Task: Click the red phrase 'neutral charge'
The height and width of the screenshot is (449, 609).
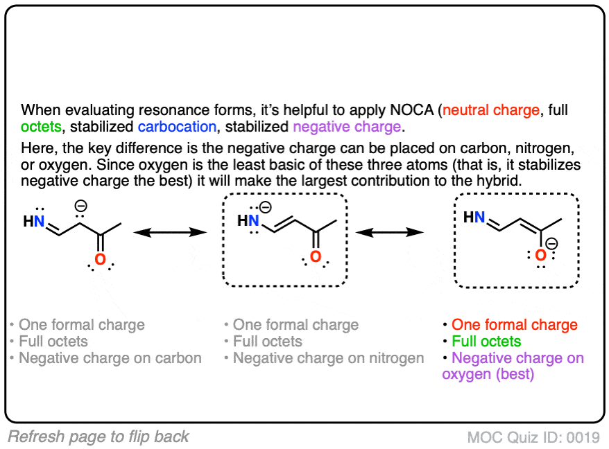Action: coord(491,110)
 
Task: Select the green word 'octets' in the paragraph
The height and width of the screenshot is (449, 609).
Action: coord(42,127)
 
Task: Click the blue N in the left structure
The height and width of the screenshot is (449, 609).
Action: coord(40,222)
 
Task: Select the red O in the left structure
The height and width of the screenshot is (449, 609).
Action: coord(101,261)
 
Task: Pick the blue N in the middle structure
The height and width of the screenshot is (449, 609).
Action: coord(255,221)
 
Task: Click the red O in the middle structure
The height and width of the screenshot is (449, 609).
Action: coord(316,258)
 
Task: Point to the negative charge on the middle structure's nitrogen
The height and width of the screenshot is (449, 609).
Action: coord(265,207)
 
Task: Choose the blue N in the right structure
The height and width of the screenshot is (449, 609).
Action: coord(480,217)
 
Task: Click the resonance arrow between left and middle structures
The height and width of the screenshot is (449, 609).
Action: coord(171,234)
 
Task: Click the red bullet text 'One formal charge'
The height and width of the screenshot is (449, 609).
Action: coord(514,325)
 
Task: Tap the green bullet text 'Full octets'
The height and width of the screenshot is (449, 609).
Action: coord(486,342)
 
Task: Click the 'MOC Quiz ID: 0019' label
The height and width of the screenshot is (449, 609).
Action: coord(533,437)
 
